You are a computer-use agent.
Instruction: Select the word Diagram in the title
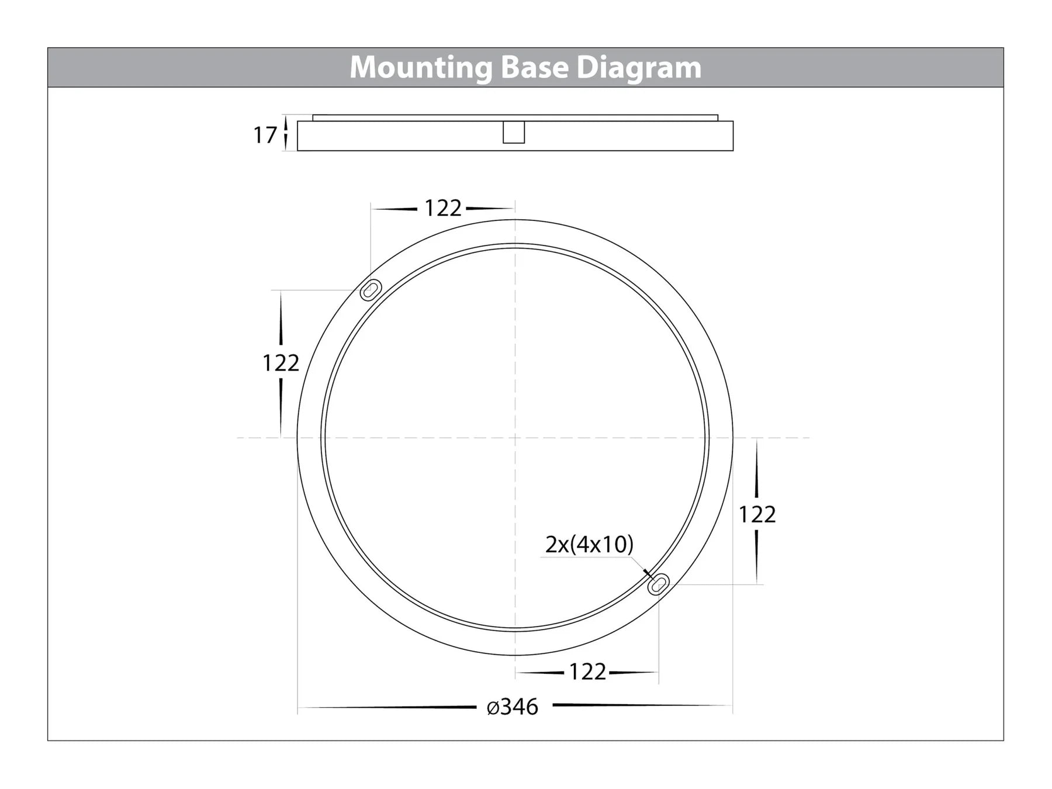click(x=639, y=68)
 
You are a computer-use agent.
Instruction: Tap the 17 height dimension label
click(x=265, y=136)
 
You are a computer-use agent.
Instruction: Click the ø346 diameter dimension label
click(x=513, y=707)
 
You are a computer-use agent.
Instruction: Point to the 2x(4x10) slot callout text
click(x=589, y=544)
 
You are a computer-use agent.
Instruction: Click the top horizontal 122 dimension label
click(x=443, y=208)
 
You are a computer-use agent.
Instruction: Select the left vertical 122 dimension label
click(x=281, y=363)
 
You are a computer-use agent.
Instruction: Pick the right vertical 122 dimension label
click(x=757, y=514)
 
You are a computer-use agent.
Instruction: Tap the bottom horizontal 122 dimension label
click(x=587, y=672)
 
